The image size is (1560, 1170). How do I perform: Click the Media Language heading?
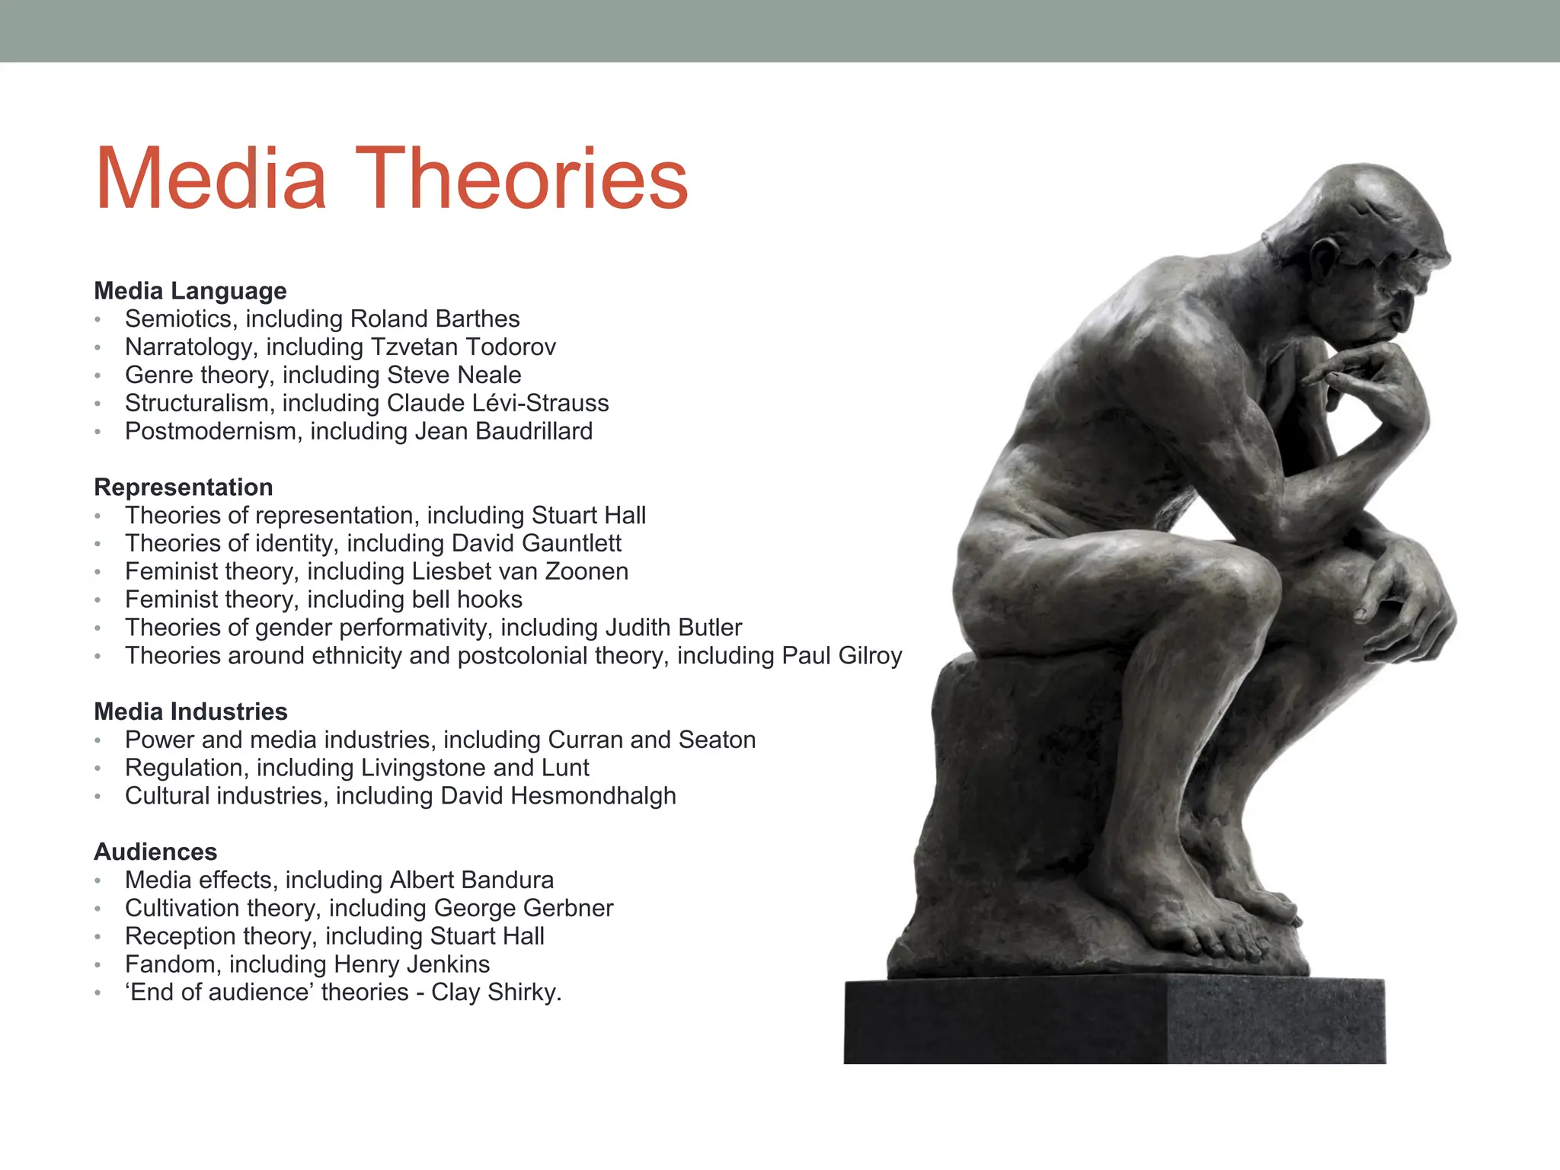[190, 291]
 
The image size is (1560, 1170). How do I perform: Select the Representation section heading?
[184, 487]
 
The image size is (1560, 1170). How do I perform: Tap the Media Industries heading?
[190, 711]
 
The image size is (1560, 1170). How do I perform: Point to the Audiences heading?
[155, 852]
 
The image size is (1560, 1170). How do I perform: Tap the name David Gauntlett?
[536, 543]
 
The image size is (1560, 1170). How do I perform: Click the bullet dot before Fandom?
[97, 965]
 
